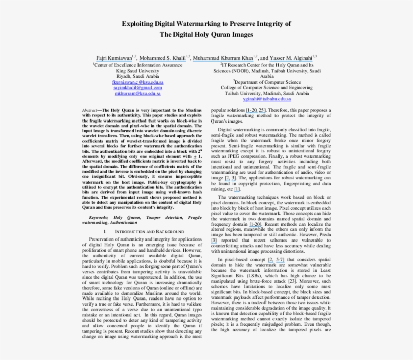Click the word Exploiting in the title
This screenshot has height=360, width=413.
pyautogui.click(x=141, y=24)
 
